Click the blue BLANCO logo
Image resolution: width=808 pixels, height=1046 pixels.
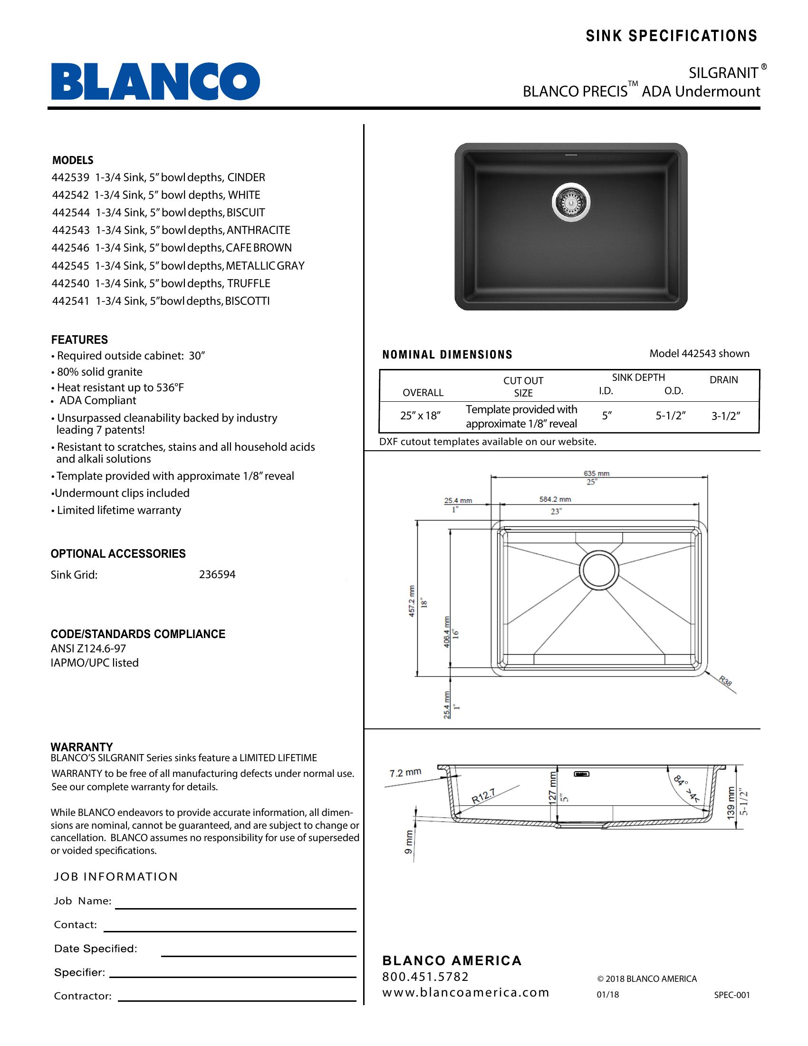[x=155, y=81]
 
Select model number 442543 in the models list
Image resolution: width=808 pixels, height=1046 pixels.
[x=71, y=231]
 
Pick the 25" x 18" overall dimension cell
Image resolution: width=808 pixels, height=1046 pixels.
[x=420, y=416]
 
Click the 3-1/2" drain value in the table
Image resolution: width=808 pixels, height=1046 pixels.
[x=725, y=416]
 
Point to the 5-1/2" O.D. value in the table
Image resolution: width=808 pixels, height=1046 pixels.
[x=671, y=416]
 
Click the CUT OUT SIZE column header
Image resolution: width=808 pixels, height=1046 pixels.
[x=523, y=387]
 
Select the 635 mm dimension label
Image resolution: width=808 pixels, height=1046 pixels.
[x=596, y=474]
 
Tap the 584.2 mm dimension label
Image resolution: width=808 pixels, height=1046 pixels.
[x=555, y=499]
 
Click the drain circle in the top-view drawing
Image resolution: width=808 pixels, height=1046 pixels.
[x=598, y=570]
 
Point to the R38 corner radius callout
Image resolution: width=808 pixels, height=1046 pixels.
[x=725, y=681]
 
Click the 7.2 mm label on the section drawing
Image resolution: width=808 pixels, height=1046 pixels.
[x=405, y=773]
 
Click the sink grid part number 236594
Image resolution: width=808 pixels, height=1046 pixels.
[x=217, y=575]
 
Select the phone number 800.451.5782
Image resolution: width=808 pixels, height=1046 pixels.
[x=425, y=977]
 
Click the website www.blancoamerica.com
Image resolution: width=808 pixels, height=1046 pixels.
[x=465, y=992]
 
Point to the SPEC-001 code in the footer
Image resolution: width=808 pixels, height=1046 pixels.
[x=731, y=995]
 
